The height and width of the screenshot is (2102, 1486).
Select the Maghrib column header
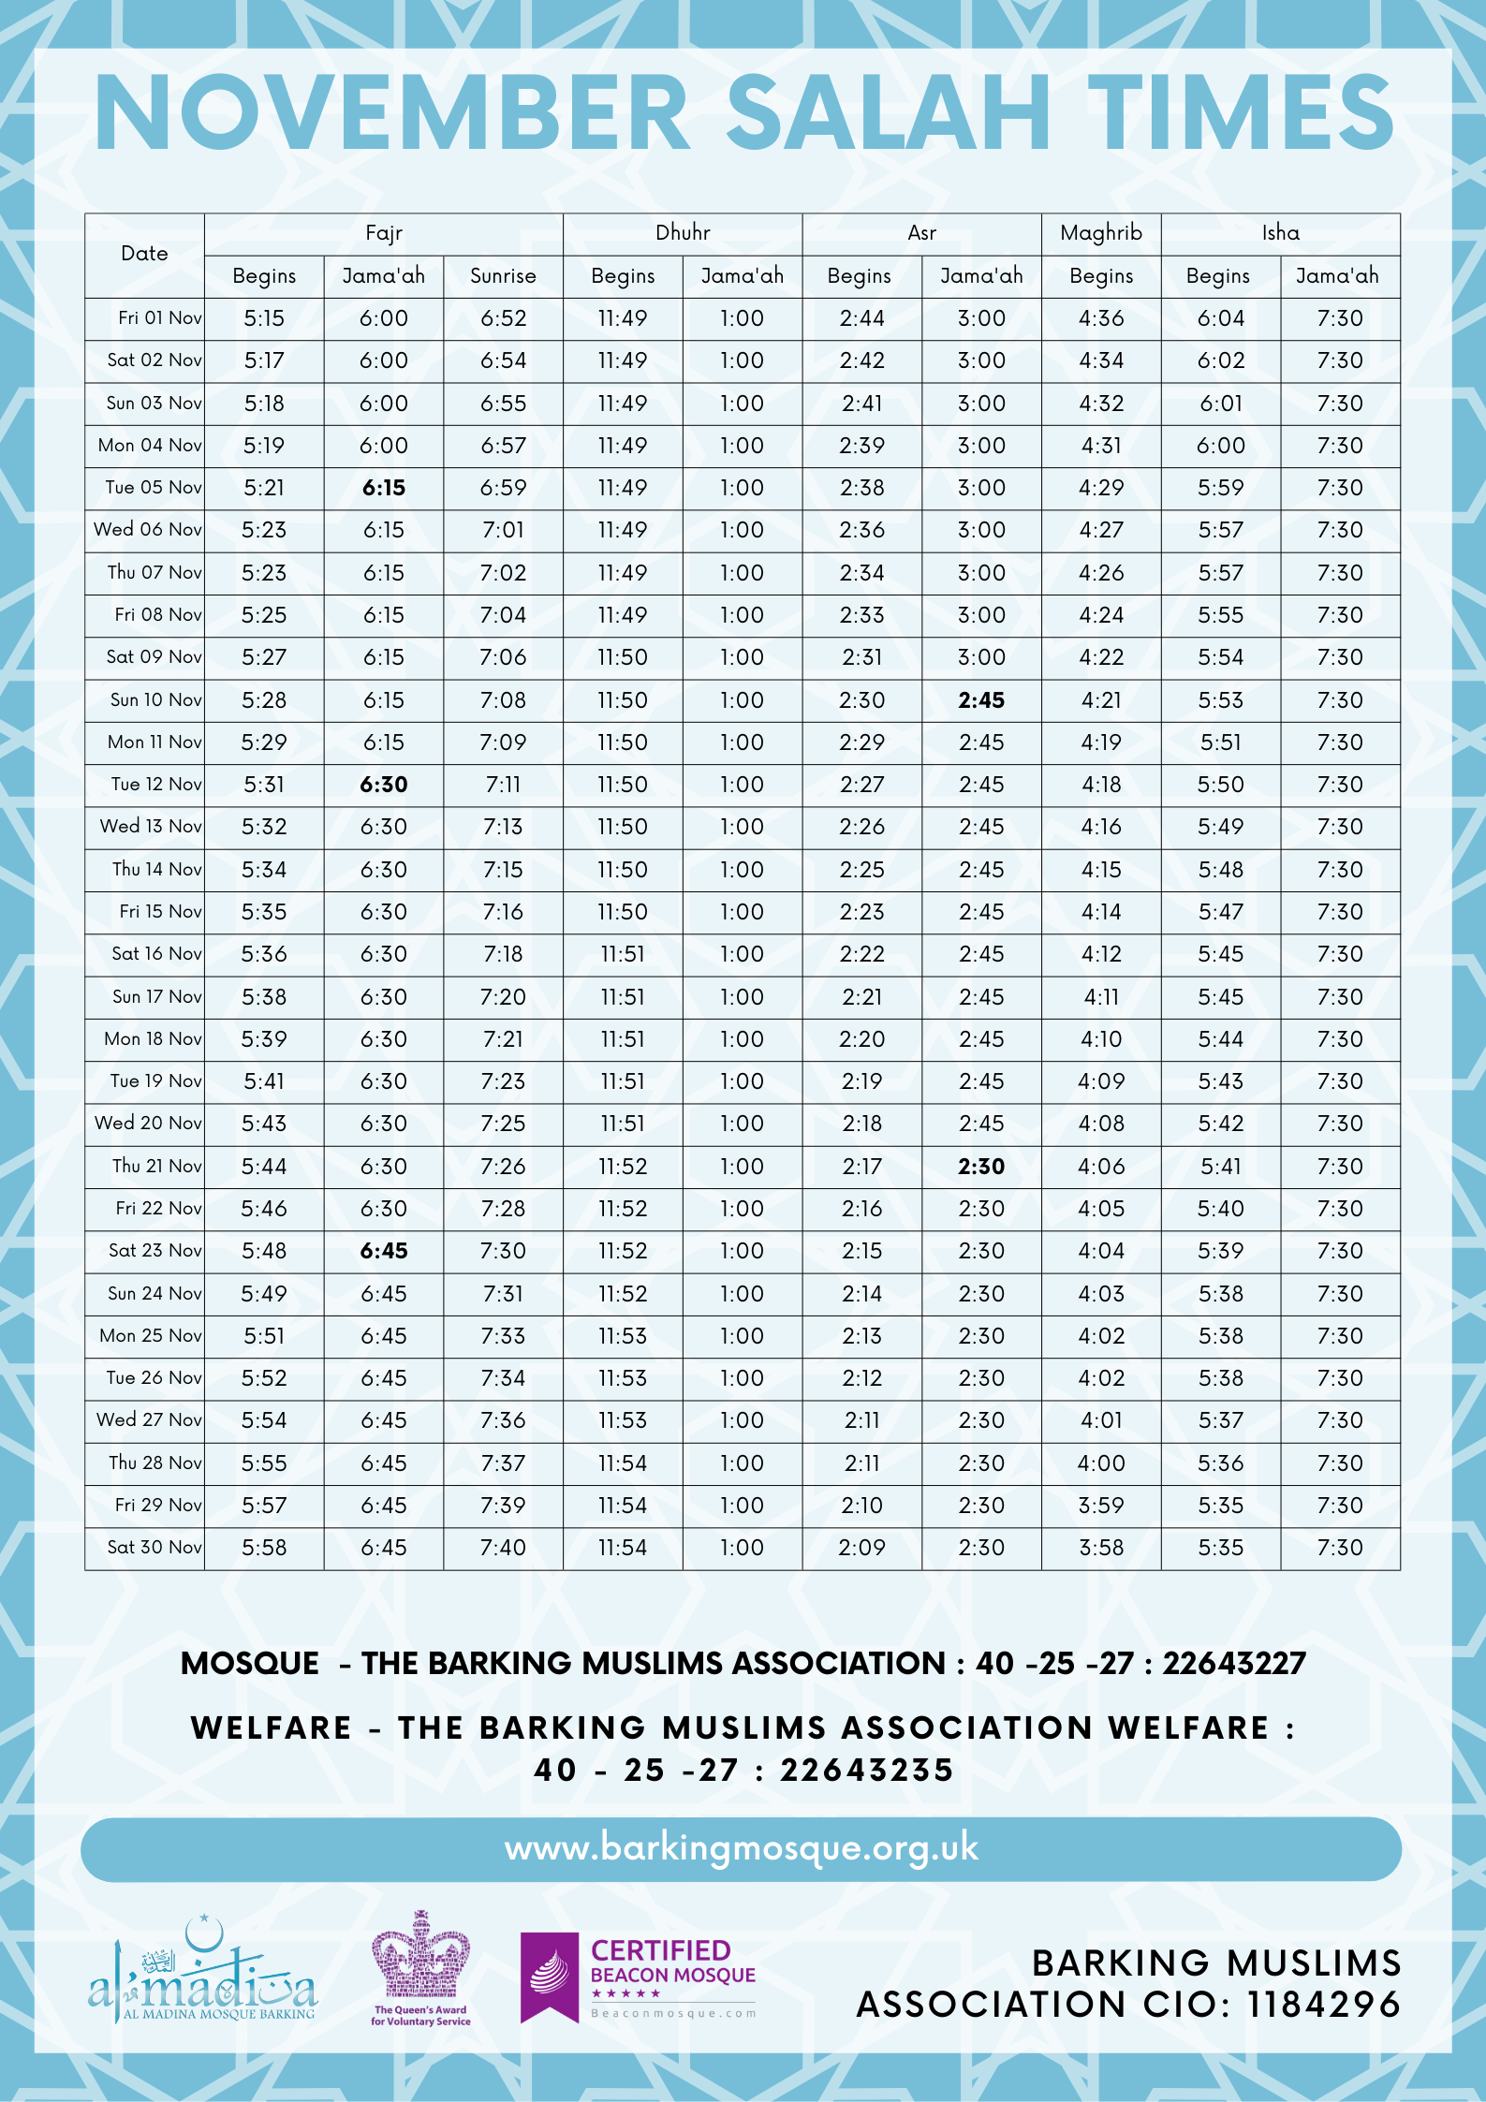tap(1101, 233)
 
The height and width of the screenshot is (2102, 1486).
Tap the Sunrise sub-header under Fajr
tap(503, 276)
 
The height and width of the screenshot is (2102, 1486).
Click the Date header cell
tap(144, 254)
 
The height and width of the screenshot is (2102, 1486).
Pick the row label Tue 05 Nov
tap(154, 488)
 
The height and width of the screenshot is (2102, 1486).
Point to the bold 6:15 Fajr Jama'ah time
tap(384, 488)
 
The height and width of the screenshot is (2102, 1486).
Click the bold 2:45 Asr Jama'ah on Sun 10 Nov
tap(981, 700)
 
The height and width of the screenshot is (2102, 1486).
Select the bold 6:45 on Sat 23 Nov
tap(384, 1251)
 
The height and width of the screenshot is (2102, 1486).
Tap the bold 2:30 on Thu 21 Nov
tap(981, 1167)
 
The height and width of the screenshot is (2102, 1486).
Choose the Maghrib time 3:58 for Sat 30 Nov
tap(1101, 1548)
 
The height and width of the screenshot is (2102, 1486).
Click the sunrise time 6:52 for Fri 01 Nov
tap(504, 318)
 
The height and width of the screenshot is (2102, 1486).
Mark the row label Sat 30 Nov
tap(154, 1548)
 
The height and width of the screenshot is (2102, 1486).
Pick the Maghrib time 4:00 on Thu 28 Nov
tap(1101, 1463)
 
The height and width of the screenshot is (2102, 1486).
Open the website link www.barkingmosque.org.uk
tap(742, 1848)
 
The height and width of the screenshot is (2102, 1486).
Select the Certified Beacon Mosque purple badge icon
tap(550, 1977)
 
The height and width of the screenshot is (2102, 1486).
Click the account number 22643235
tap(867, 1771)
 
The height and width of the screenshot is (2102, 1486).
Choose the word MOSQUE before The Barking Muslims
tap(250, 1664)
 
